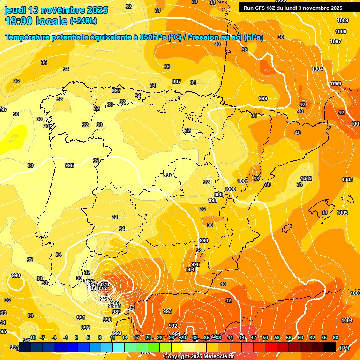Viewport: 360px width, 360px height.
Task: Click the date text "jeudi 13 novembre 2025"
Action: tap(56, 10)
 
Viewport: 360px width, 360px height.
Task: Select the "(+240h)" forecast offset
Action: tap(83, 21)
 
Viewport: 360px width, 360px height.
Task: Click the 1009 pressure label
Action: tap(343, 20)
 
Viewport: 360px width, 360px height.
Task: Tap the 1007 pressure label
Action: tap(336, 41)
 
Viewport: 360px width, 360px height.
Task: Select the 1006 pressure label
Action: tap(336, 83)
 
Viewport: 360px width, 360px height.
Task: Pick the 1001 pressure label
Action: tap(242, 181)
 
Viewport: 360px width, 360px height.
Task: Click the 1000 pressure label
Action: tap(230, 189)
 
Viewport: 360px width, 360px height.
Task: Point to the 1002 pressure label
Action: tap(306, 179)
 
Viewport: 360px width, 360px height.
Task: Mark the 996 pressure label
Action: tap(204, 240)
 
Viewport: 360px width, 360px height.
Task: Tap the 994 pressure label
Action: tap(190, 270)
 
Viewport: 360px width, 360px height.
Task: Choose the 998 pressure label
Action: tap(213, 200)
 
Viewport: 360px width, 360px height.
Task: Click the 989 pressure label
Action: tap(117, 312)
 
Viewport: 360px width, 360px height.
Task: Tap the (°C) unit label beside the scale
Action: tap(345, 348)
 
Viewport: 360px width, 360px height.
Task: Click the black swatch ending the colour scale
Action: tap(330, 346)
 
